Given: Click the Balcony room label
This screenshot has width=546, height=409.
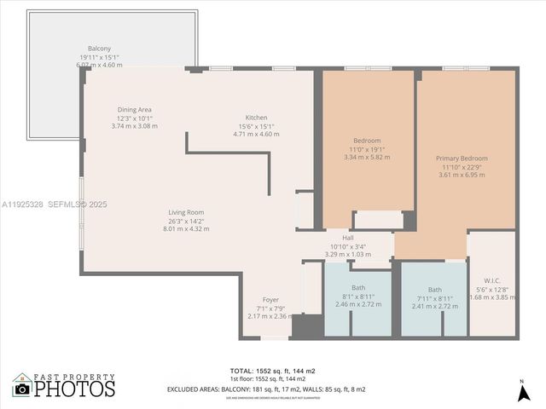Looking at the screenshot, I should click(x=100, y=49).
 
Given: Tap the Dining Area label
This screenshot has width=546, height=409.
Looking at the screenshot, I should click(x=135, y=109).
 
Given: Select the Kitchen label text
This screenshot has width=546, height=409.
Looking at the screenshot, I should click(x=257, y=118).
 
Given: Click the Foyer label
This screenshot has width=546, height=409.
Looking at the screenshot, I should click(x=270, y=300).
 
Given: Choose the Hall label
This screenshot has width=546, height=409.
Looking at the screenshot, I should click(x=348, y=239).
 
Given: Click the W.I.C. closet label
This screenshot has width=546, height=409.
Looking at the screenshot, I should click(x=492, y=280).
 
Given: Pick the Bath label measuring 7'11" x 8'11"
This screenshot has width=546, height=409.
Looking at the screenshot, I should click(x=435, y=290).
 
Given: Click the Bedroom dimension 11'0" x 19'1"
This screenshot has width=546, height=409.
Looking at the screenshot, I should click(x=367, y=149).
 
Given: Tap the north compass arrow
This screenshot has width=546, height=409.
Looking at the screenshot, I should click(x=521, y=392).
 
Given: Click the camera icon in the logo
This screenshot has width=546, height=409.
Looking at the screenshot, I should click(x=22, y=389).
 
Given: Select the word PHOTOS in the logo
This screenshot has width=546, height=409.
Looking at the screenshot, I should click(x=74, y=389).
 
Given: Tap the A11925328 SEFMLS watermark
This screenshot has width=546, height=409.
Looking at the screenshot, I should click(x=53, y=204).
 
